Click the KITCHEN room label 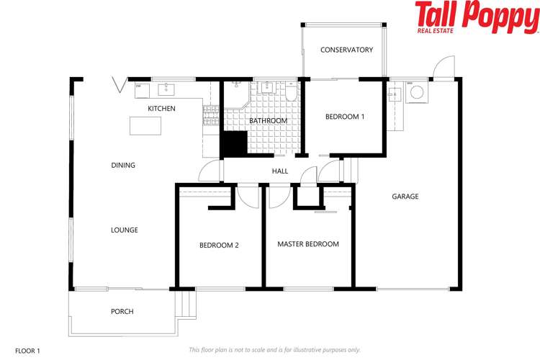click(x=161, y=109)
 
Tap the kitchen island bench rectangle click(x=145, y=125)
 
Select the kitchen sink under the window click(x=167, y=89)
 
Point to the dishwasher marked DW click(x=142, y=89)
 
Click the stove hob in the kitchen click(x=210, y=116)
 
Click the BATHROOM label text click(x=268, y=121)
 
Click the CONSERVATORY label click(x=346, y=50)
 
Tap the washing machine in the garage click(x=415, y=94)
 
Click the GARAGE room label click(x=405, y=197)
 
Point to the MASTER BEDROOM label click(x=307, y=244)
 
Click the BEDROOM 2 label click(x=219, y=245)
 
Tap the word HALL click(x=280, y=171)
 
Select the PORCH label click(x=122, y=312)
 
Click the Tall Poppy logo click(x=475, y=17)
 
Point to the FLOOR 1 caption click(x=27, y=350)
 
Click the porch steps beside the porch click(x=186, y=305)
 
